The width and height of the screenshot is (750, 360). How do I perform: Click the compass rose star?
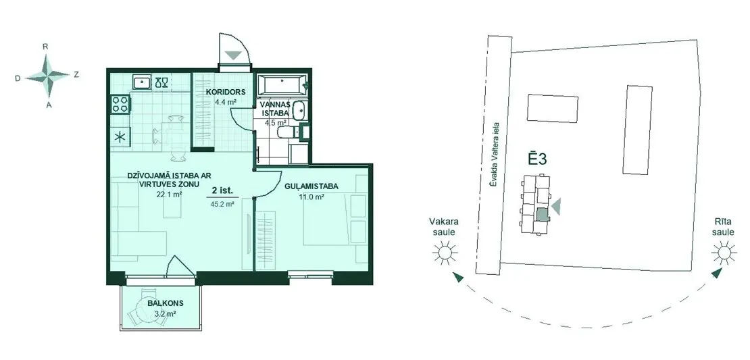(x=47, y=76)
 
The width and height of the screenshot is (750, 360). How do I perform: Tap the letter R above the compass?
(x=46, y=47)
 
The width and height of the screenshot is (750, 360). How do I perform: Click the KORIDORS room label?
(x=226, y=92)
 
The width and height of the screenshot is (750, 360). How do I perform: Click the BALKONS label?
(x=166, y=303)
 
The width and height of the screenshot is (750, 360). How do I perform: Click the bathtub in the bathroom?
(x=281, y=85)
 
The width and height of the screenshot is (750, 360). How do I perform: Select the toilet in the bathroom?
(x=287, y=132)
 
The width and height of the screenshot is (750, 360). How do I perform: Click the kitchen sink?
(x=142, y=82)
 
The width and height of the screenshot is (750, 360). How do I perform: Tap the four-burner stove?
(x=120, y=105)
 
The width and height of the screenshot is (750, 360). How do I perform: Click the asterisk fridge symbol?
(x=120, y=138)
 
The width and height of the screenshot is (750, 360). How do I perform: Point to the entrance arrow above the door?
(x=234, y=55)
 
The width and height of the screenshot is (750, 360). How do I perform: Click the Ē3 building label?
(x=537, y=159)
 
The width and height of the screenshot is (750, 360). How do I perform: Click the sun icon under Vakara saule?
(x=445, y=252)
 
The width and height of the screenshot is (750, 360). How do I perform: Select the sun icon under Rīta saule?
(x=722, y=252)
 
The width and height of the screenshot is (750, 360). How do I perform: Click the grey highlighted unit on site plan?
(x=542, y=215)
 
